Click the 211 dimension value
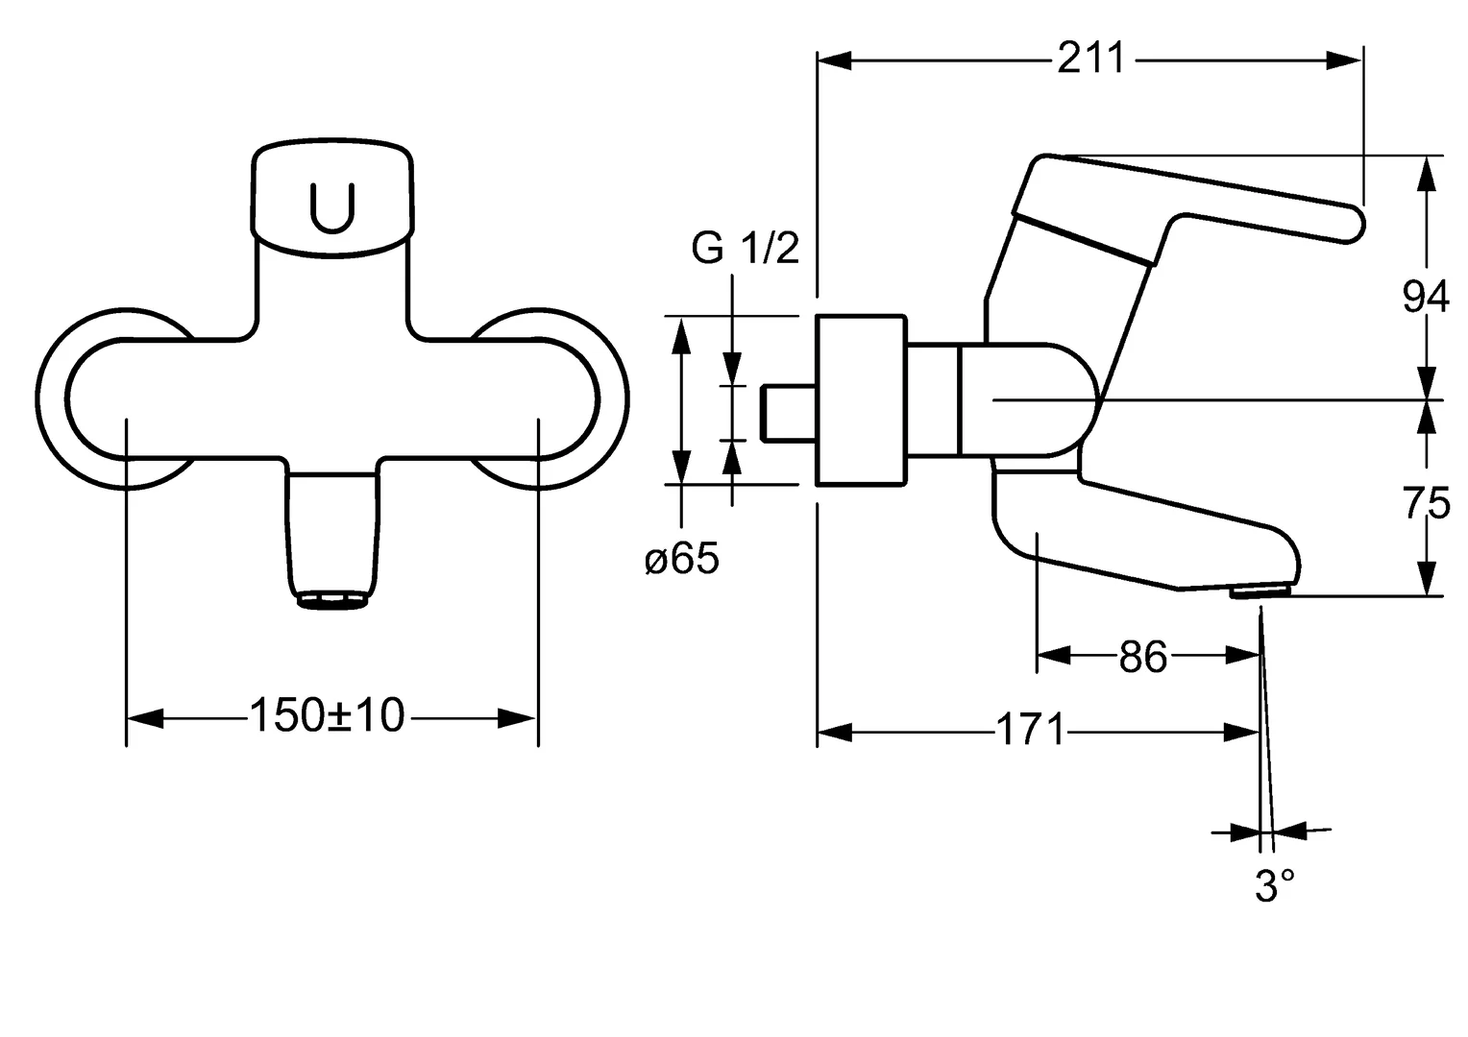click(x=1089, y=59)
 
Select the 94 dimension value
click(x=1426, y=298)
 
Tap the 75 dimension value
click(x=1426, y=503)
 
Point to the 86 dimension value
click(x=1142, y=658)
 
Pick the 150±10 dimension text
click(x=327, y=715)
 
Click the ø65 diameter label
click(x=681, y=559)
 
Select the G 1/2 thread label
click(x=745, y=250)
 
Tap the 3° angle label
click(x=1274, y=886)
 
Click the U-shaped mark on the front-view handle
click(x=332, y=206)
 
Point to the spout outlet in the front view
click(x=333, y=600)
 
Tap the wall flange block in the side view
click(x=861, y=400)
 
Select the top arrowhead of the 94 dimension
click(x=1429, y=173)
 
